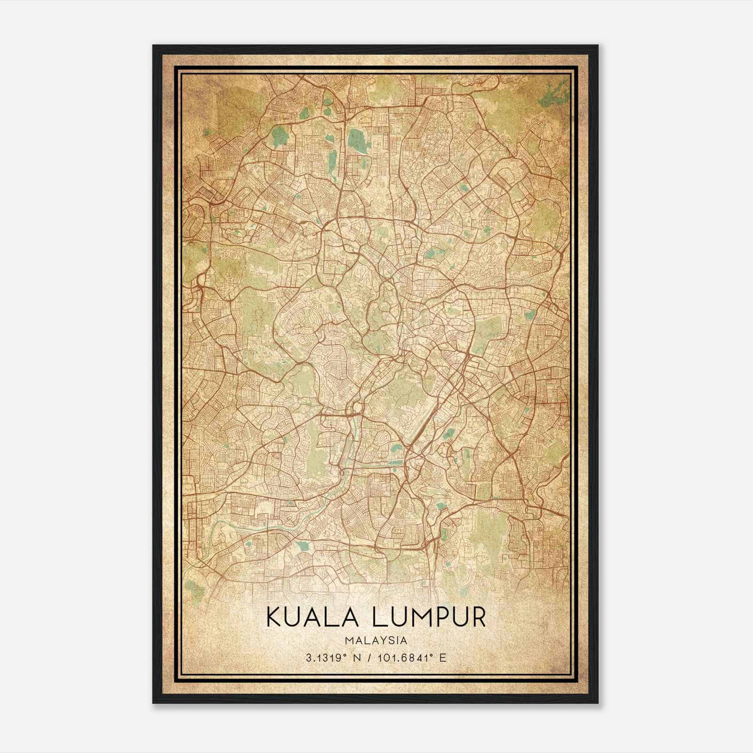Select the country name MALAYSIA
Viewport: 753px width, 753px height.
click(376, 641)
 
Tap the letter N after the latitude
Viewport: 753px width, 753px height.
click(357, 658)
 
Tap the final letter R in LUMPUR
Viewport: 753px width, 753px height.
click(478, 617)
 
